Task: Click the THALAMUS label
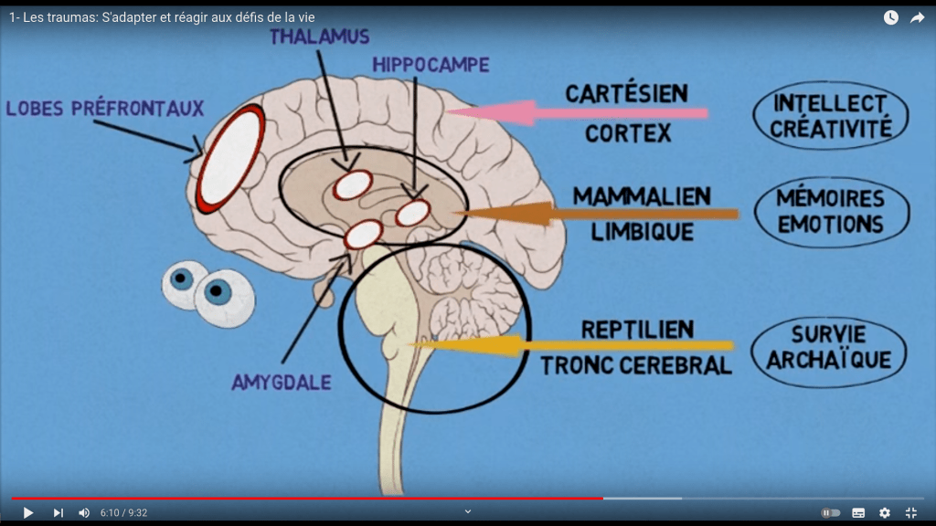click(x=319, y=37)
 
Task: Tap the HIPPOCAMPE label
click(x=431, y=65)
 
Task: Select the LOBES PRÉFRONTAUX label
click(x=104, y=109)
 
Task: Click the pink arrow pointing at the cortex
click(x=576, y=113)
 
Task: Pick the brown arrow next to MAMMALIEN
click(x=594, y=214)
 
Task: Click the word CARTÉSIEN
click(x=626, y=94)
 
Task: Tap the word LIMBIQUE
click(x=642, y=232)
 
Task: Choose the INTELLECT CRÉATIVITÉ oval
click(x=830, y=116)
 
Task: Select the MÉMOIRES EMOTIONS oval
click(x=830, y=212)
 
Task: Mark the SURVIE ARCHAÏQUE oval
click(x=828, y=347)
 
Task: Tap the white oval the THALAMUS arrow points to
click(x=352, y=185)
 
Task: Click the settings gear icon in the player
click(x=884, y=512)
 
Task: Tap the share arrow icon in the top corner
click(x=917, y=17)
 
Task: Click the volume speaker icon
click(x=83, y=512)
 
